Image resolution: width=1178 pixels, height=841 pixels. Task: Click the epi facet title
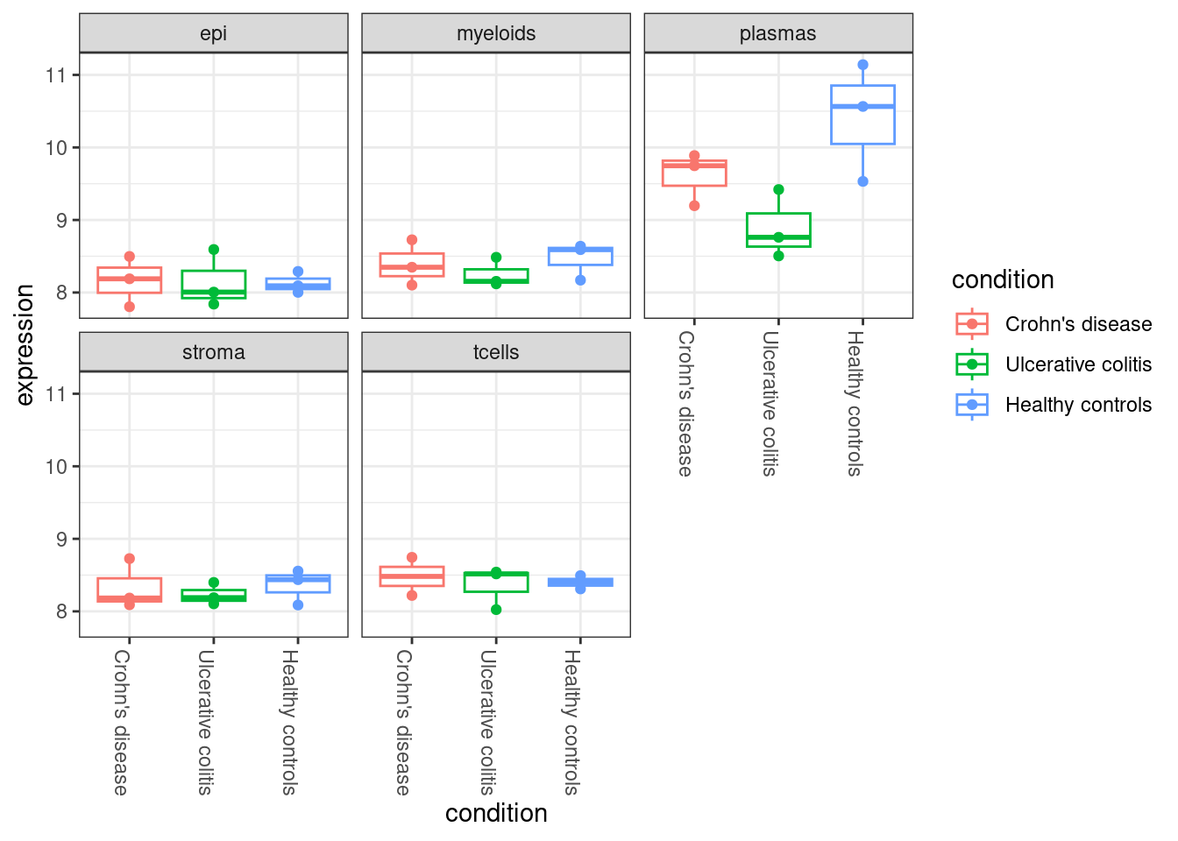point(214,33)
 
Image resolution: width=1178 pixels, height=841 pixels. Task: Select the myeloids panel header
point(496,33)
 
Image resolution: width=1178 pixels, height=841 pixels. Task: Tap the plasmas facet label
point(778,33)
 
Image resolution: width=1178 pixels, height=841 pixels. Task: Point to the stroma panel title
point(214,352)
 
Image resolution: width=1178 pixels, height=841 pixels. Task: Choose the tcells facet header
point(496,352)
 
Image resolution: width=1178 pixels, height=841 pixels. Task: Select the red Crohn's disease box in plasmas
point(694,173)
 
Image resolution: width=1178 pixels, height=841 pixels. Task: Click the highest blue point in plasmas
point(862,65)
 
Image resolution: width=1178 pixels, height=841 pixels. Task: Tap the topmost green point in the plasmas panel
point(778,189)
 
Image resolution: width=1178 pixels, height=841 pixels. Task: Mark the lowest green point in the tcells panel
point(496,610)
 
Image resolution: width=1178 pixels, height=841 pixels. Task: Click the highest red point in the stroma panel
point(130,558)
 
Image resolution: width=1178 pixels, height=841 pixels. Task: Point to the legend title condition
point(1003,280)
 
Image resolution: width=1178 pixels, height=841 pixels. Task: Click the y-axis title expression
point(25,344)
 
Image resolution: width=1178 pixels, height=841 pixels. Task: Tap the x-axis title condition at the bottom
point(496,814)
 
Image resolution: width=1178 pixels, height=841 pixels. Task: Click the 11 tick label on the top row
point(56,75)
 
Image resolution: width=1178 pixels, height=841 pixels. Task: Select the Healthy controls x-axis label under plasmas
point(855,403)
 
